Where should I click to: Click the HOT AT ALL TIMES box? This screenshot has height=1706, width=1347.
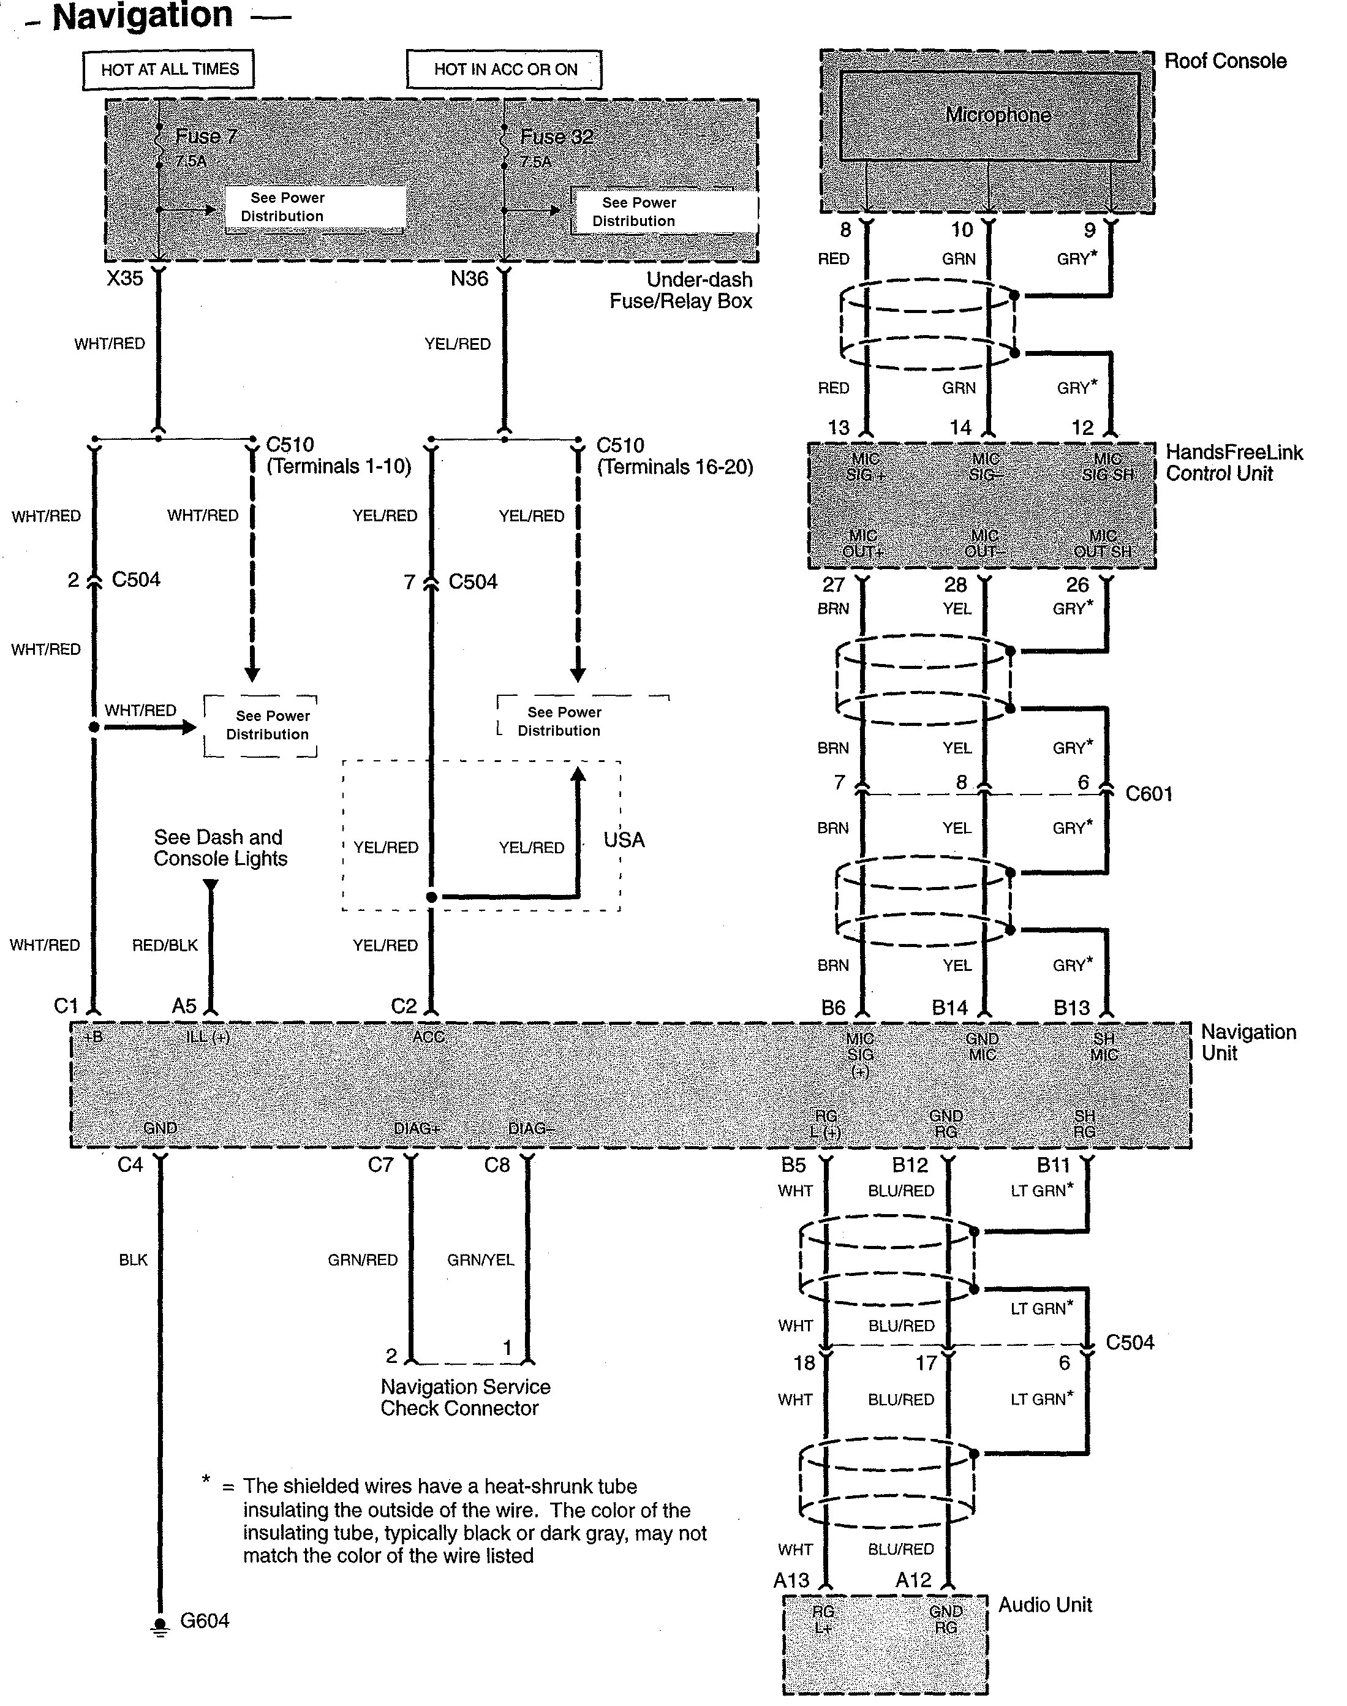click(x=169, y=69)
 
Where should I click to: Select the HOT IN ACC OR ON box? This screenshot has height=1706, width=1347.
click(x=505, y=69)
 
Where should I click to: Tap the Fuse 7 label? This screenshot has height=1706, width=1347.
click(x=206, y=137)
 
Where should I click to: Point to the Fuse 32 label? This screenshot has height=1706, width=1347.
click(x=557, y=137)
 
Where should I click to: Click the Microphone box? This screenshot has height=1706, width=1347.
click(x=998, y=115)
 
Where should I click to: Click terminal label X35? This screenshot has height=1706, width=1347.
click(x=124, y=279)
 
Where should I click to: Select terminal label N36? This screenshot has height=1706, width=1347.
click(x=469, y=279)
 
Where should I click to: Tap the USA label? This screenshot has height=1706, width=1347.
click(x=624, y=840)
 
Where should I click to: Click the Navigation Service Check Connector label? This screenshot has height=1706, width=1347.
click(x=466, y=1398)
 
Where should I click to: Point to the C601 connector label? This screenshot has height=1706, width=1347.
click(x=1149, y=793)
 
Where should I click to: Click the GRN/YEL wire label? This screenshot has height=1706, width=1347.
click(x=480, y=1259)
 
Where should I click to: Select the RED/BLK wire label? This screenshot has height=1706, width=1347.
click(x=165, y=945)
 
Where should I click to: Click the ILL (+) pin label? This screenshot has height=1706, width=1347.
click(x=208, y=1037)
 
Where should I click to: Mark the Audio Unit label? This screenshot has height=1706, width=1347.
click(x=1045, y=1605)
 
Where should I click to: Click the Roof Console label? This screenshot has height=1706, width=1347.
click(x=1224, y=61)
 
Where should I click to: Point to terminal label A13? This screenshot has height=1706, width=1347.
click(x=791, y=1580)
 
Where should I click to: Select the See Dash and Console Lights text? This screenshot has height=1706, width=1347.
click(x=220, y=848)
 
